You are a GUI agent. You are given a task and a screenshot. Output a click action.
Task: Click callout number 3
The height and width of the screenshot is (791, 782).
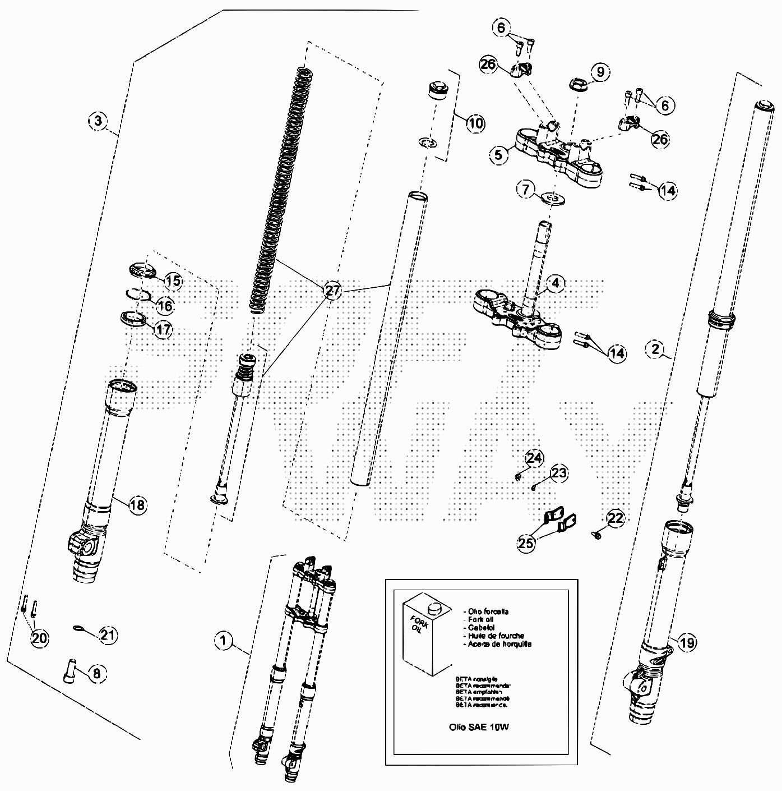[x=98, y=120]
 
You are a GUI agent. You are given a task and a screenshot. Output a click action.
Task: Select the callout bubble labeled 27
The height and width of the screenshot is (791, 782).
[x=332, y=290]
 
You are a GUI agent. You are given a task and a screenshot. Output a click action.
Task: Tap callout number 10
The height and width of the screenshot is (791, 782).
[x=475, y=123]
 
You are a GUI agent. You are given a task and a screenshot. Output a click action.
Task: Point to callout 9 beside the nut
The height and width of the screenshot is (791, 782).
[x=600, y=72]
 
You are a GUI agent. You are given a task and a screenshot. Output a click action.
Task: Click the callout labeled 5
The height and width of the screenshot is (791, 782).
[x=499, y=154]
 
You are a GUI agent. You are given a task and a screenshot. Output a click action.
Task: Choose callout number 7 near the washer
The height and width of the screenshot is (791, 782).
[x=525, y=189]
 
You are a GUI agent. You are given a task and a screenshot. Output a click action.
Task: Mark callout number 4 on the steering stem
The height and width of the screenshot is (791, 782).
[x=555, y=283]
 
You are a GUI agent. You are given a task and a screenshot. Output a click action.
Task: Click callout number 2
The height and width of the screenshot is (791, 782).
[x=655, y=349]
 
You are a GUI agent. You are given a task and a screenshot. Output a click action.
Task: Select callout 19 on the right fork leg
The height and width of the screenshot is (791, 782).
[x=687, y=642]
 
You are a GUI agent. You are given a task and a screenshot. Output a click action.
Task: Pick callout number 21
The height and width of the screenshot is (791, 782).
[x=108, y=634]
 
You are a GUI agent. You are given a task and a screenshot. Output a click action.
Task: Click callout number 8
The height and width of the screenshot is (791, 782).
[x=96, y=673]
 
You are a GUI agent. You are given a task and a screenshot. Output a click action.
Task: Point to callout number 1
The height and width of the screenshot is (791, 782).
[x=224, y=640]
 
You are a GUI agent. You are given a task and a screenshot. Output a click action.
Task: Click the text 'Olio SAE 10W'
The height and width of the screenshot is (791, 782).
[x=479, y=726]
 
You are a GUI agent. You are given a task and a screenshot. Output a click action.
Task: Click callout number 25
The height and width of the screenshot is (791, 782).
[x=526, y=543]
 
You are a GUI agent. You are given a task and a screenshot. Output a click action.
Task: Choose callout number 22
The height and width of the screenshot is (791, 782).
[x=616, y=518]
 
